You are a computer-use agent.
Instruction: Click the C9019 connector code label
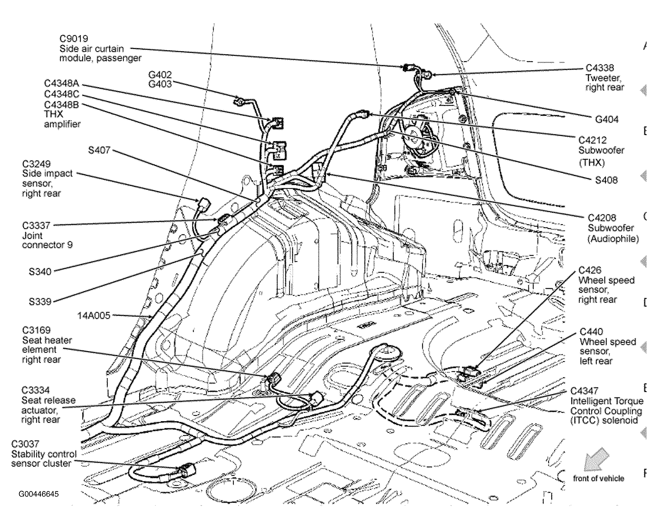pos(74,39)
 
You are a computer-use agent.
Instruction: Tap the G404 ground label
pos(606,119)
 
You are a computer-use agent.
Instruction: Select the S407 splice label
pos(99,150)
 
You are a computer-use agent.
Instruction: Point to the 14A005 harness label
pos(94,316)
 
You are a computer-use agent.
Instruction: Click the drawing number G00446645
pos(39,494)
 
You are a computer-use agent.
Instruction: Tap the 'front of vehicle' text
pos(599,478)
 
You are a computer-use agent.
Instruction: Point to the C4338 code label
pos(599,68)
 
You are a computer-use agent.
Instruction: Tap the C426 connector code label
pos(590,270)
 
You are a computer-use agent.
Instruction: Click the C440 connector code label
pos(591,332)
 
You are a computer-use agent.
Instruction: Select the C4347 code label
pos(584,391)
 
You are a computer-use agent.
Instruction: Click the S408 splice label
pos(606,180)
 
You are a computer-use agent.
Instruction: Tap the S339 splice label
pos(40,301)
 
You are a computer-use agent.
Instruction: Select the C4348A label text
pos(62,83)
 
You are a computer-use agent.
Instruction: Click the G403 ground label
pos(160,84)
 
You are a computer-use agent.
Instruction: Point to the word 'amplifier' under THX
pos(62,124)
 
